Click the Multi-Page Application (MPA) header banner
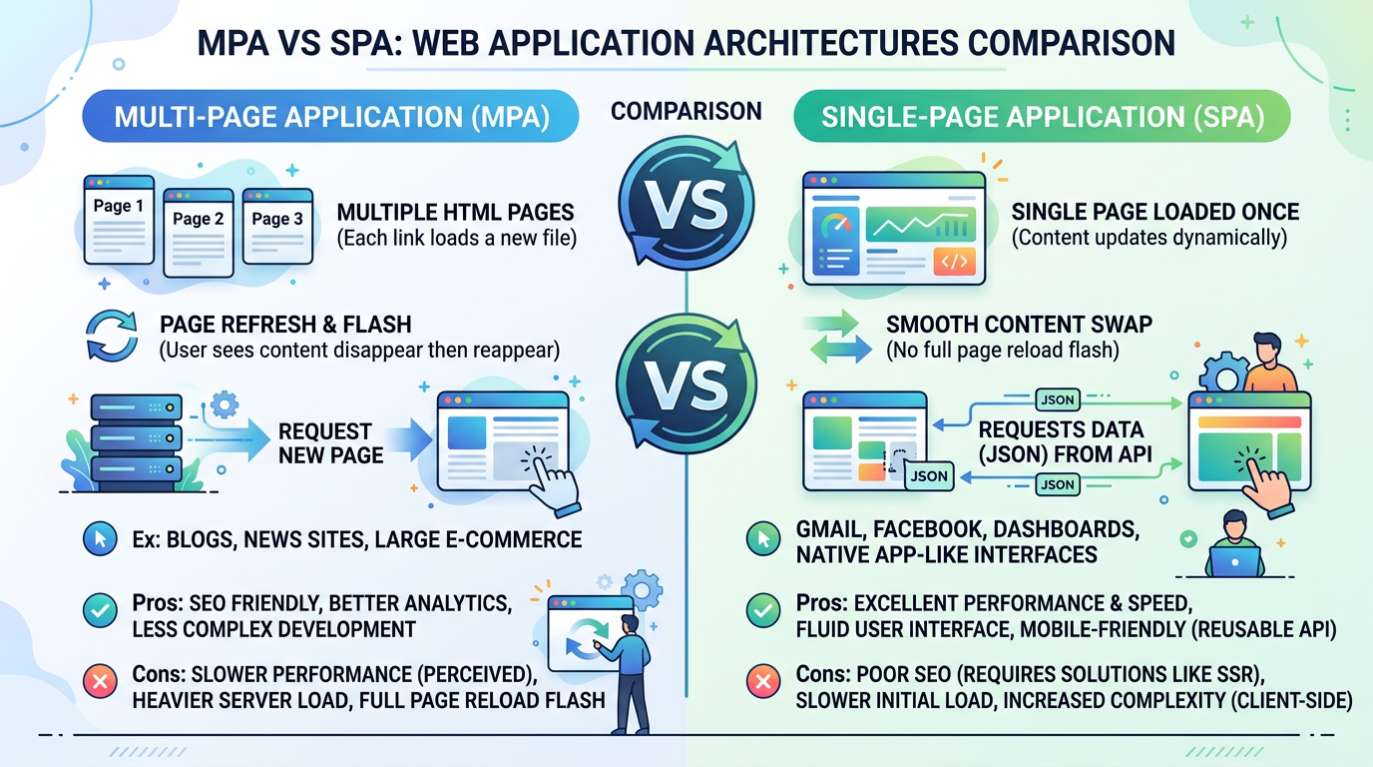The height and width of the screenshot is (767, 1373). click(x=330, y=118)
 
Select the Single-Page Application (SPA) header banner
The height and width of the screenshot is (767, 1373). click(x=1042, y=118)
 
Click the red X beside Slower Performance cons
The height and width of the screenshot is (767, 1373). click(x=99, y=684)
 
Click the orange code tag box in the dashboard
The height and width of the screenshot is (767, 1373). click(x=952, y=262)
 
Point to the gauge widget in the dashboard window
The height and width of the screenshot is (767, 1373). click(x=837, y=225)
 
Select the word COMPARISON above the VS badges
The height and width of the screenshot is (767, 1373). click(x=686, y=111)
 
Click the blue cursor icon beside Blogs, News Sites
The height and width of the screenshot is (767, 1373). click(x=99, y=540)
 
